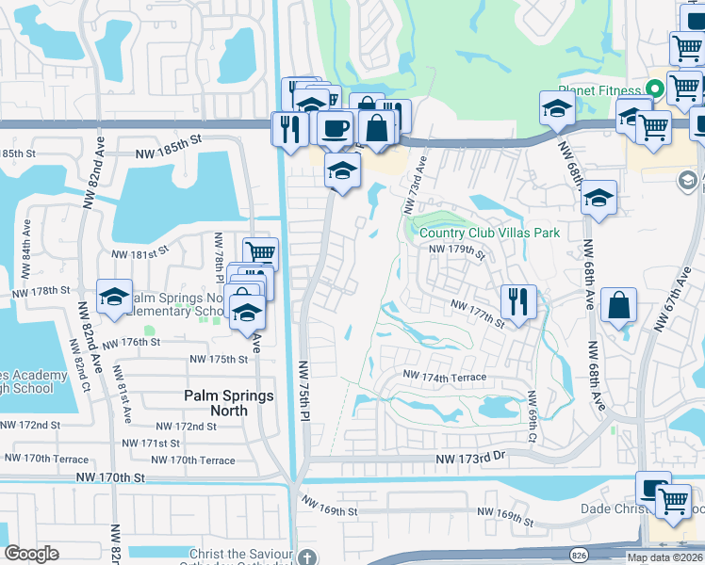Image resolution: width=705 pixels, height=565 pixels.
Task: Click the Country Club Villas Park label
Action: click(x=490, y=233)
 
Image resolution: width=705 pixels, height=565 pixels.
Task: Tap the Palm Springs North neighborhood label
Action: click(x=229, y=403)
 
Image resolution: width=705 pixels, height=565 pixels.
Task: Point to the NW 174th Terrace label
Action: click(x=445, y=377)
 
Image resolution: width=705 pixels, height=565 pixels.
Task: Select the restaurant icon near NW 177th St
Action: click(x=518, y=302)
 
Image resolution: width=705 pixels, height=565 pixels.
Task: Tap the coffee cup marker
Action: click(x=334, y=128)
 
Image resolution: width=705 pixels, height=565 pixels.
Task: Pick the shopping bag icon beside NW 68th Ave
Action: click(x=618, y=305)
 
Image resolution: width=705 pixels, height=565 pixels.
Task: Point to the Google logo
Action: click(x=32, y=554)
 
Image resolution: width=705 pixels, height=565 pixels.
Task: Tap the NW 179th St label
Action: click(x=456, y=250)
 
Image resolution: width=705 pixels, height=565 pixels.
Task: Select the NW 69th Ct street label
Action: click(x=533, y=417)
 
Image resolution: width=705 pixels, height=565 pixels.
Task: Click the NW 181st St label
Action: click(x=139, y=252)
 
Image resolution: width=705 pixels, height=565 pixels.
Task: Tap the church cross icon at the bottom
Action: click(x=304, y=557)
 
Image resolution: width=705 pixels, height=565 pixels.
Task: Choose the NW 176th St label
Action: click(x=130, y=342)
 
